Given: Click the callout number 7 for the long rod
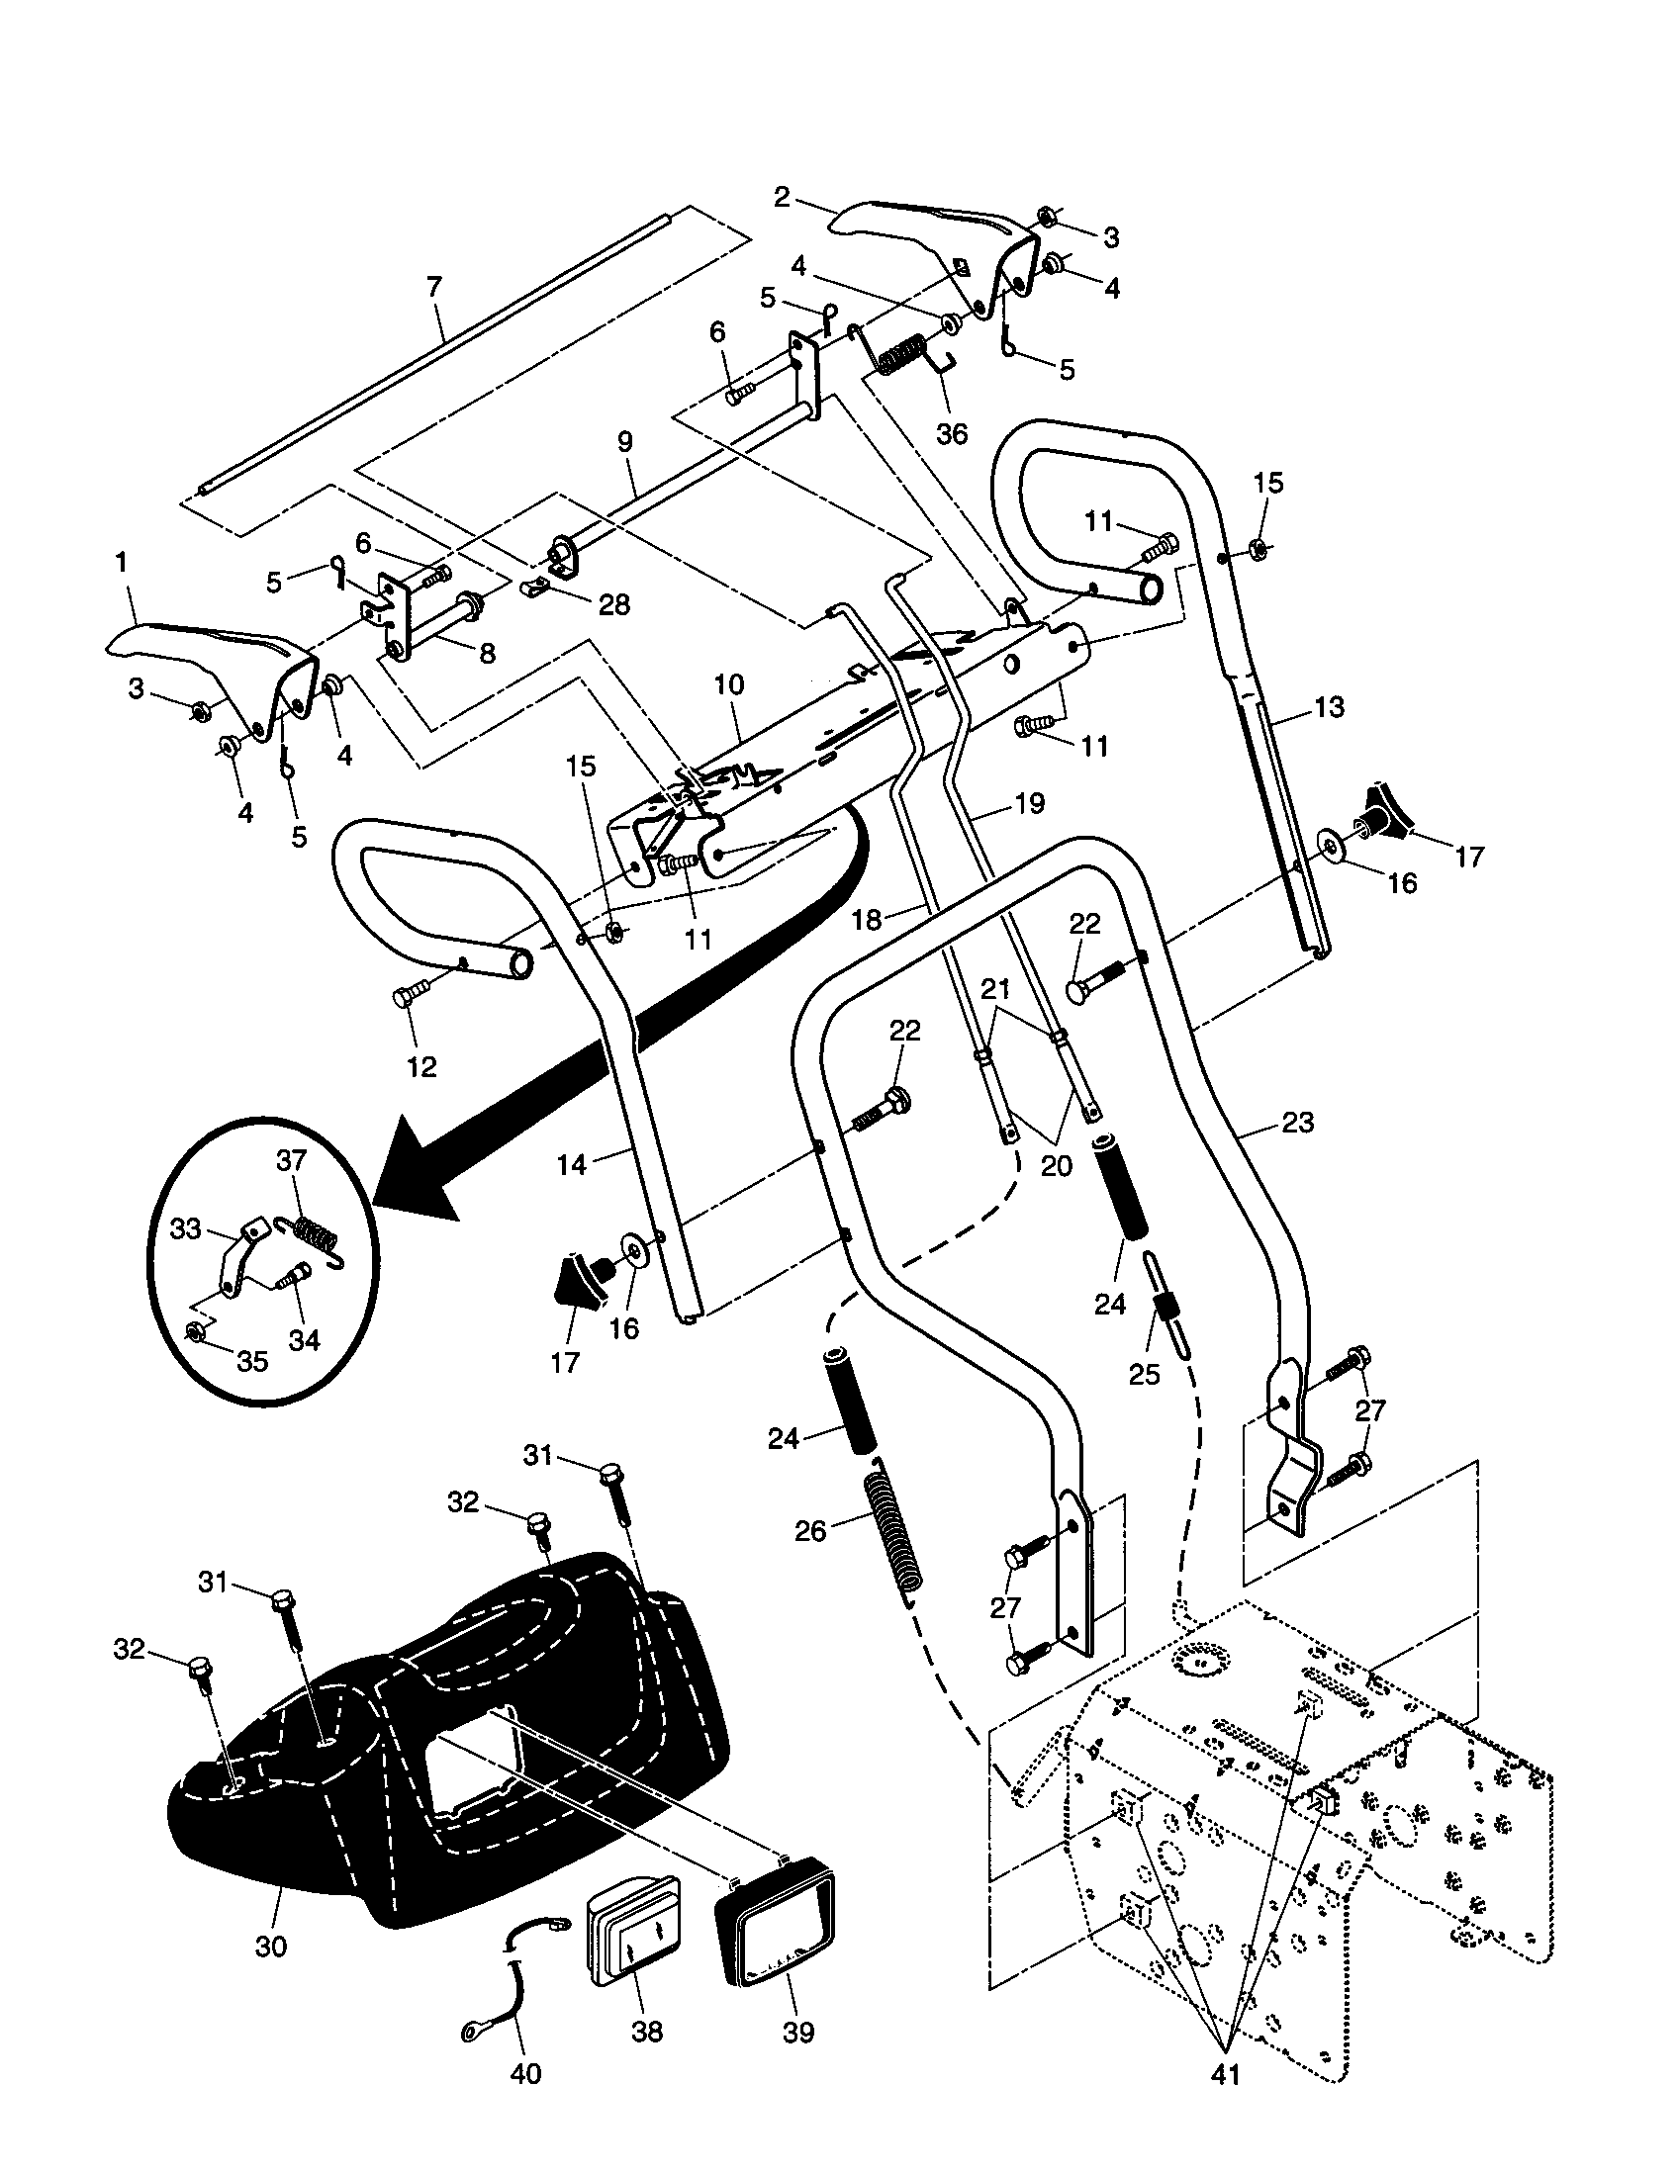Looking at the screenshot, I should click(433, 288).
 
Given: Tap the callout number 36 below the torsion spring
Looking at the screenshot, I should click(953, 434).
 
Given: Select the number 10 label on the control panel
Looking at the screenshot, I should click(728, 684).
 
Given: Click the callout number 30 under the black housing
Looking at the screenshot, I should click(270, 1947).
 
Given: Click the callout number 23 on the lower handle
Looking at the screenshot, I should click(1297, 1123).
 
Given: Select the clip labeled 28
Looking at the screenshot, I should click(536, 587).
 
